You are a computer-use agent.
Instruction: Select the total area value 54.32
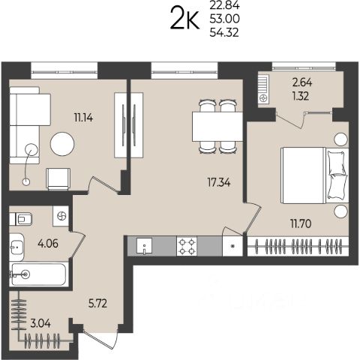click(224, 32)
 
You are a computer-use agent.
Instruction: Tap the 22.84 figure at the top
click(224, 5)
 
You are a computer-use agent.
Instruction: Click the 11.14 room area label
click(83, 117)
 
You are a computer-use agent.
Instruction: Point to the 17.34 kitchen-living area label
click(219, 182)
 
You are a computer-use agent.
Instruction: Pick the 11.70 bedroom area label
click(301, 223)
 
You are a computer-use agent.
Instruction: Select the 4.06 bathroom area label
click(48, 243)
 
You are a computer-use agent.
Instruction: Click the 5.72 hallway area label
click(97, 304)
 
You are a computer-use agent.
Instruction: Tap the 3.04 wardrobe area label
click(40, 324)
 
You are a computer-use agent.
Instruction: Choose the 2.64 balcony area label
click(302, 82)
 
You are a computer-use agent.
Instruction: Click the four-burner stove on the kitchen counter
click(187, 246)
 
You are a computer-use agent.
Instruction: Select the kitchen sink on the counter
click(144, 246)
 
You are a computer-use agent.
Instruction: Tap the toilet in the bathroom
click(21, 219)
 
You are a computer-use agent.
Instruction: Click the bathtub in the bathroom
click(39, 274)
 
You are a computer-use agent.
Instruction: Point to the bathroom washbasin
click(16, 247)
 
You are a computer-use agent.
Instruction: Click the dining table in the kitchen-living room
click(217, 127)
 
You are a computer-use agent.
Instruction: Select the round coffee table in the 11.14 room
click(62, 144)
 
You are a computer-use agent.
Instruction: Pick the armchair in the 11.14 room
click(58, 179)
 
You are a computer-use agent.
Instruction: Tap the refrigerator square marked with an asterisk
click(232, 246)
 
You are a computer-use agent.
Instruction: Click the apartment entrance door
click(100, 339)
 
